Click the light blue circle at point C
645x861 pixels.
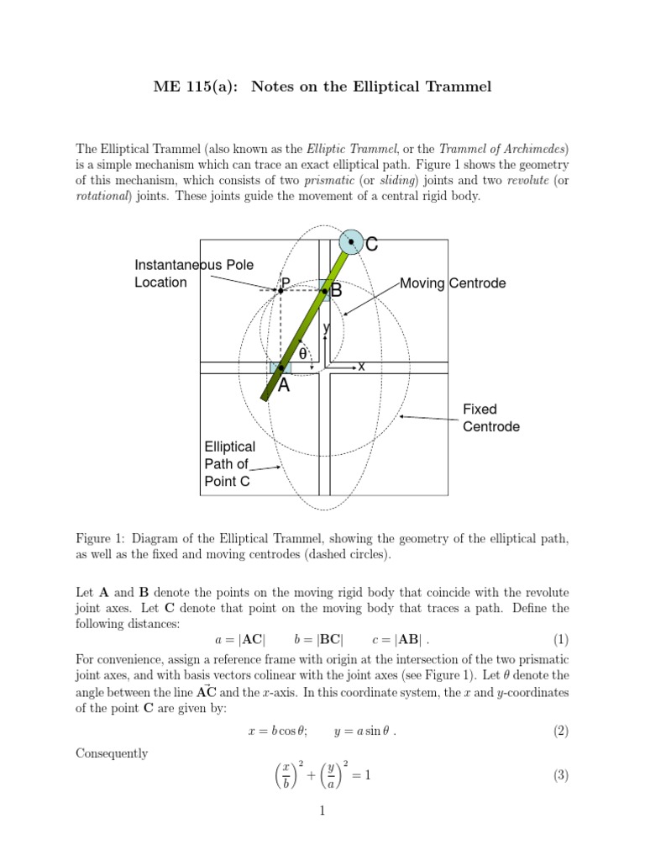351,241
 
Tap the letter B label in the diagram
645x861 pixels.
337,291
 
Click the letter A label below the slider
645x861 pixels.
284,386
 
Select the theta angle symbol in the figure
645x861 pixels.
303,355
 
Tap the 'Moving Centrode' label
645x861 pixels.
453,283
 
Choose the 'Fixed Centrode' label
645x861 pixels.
491,418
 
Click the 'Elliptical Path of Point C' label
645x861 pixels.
229,464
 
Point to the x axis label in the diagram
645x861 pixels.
361,367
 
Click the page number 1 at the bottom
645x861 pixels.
322,811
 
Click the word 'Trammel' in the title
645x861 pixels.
459,86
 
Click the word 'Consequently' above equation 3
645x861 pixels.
112,753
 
